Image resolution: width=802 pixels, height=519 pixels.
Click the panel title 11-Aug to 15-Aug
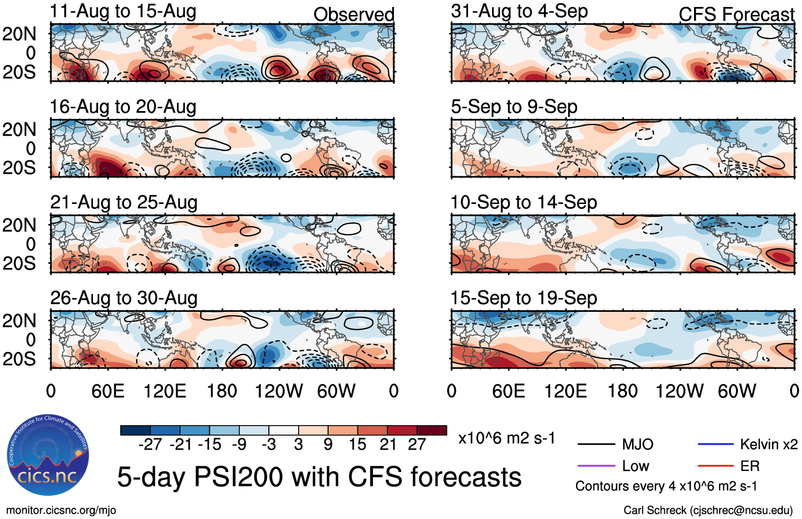(x=123, y=11)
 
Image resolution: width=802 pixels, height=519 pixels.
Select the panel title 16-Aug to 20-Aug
(x=123, y=107)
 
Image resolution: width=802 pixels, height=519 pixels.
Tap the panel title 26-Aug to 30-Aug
(x=123, y=298)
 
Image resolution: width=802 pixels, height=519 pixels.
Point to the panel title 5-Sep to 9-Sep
(x=514, y=107)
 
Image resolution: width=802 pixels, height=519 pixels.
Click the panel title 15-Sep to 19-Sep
(x=524, y=298)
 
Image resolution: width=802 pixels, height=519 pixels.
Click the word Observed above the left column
(x=354, y=14)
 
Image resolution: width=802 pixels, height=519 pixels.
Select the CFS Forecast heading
(x=736, y=14)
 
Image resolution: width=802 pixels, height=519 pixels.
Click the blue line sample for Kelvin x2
(x=715, y=444)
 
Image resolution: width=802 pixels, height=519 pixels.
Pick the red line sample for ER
(x=715, y=466)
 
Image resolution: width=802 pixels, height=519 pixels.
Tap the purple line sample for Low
(x=596, y=466)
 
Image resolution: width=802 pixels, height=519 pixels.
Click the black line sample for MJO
(x=596, y=444)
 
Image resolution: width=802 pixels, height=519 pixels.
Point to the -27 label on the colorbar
(x=150, y=445)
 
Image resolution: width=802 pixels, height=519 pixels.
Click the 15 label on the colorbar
(x=357, y=445)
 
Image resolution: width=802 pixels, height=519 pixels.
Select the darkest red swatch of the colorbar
(x=432, y=430)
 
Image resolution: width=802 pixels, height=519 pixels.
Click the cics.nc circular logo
(x=48, y=455)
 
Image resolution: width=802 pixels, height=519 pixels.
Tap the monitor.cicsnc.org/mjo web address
(x=61, y=510)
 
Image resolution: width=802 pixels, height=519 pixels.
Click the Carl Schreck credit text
(x=708, y=510)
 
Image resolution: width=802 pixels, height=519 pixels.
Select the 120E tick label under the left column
(x=165, y=391)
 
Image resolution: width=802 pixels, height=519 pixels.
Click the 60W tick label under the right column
(x=737, y=391)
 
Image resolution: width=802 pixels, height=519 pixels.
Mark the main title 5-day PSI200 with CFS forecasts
(x=319, y=477)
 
